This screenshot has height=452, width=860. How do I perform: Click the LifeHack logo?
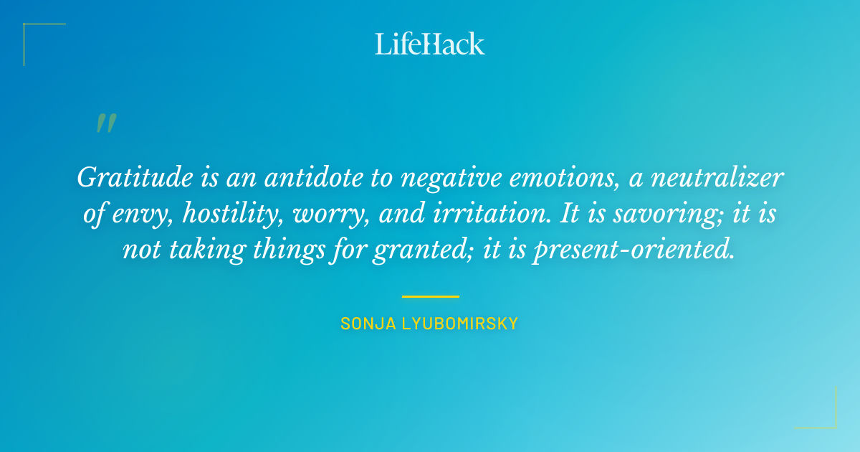pyautogui.click(x=430, y=44)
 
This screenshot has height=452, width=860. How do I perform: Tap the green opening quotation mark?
pyautogui.click(x=105, y=123)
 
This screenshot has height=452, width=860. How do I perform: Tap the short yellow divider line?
pyautogui.click(x=430, y=296)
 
